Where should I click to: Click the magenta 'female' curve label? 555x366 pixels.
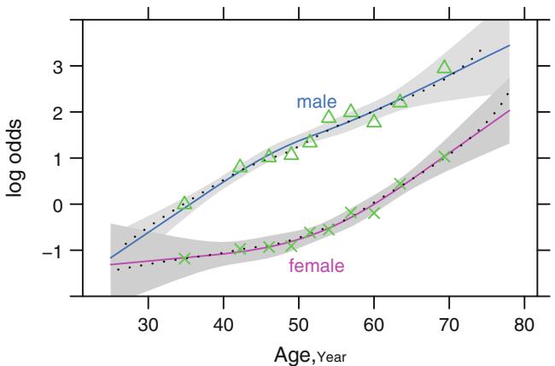(317, 266)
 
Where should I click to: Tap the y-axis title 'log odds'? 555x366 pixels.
(16, 158)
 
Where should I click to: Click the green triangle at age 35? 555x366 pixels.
(185, 204)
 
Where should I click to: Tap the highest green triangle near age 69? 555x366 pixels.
(444, 68)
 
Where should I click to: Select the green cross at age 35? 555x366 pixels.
(185, 258)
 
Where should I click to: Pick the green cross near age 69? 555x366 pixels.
(444, 156)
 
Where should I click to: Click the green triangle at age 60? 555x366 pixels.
(374, 121)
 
